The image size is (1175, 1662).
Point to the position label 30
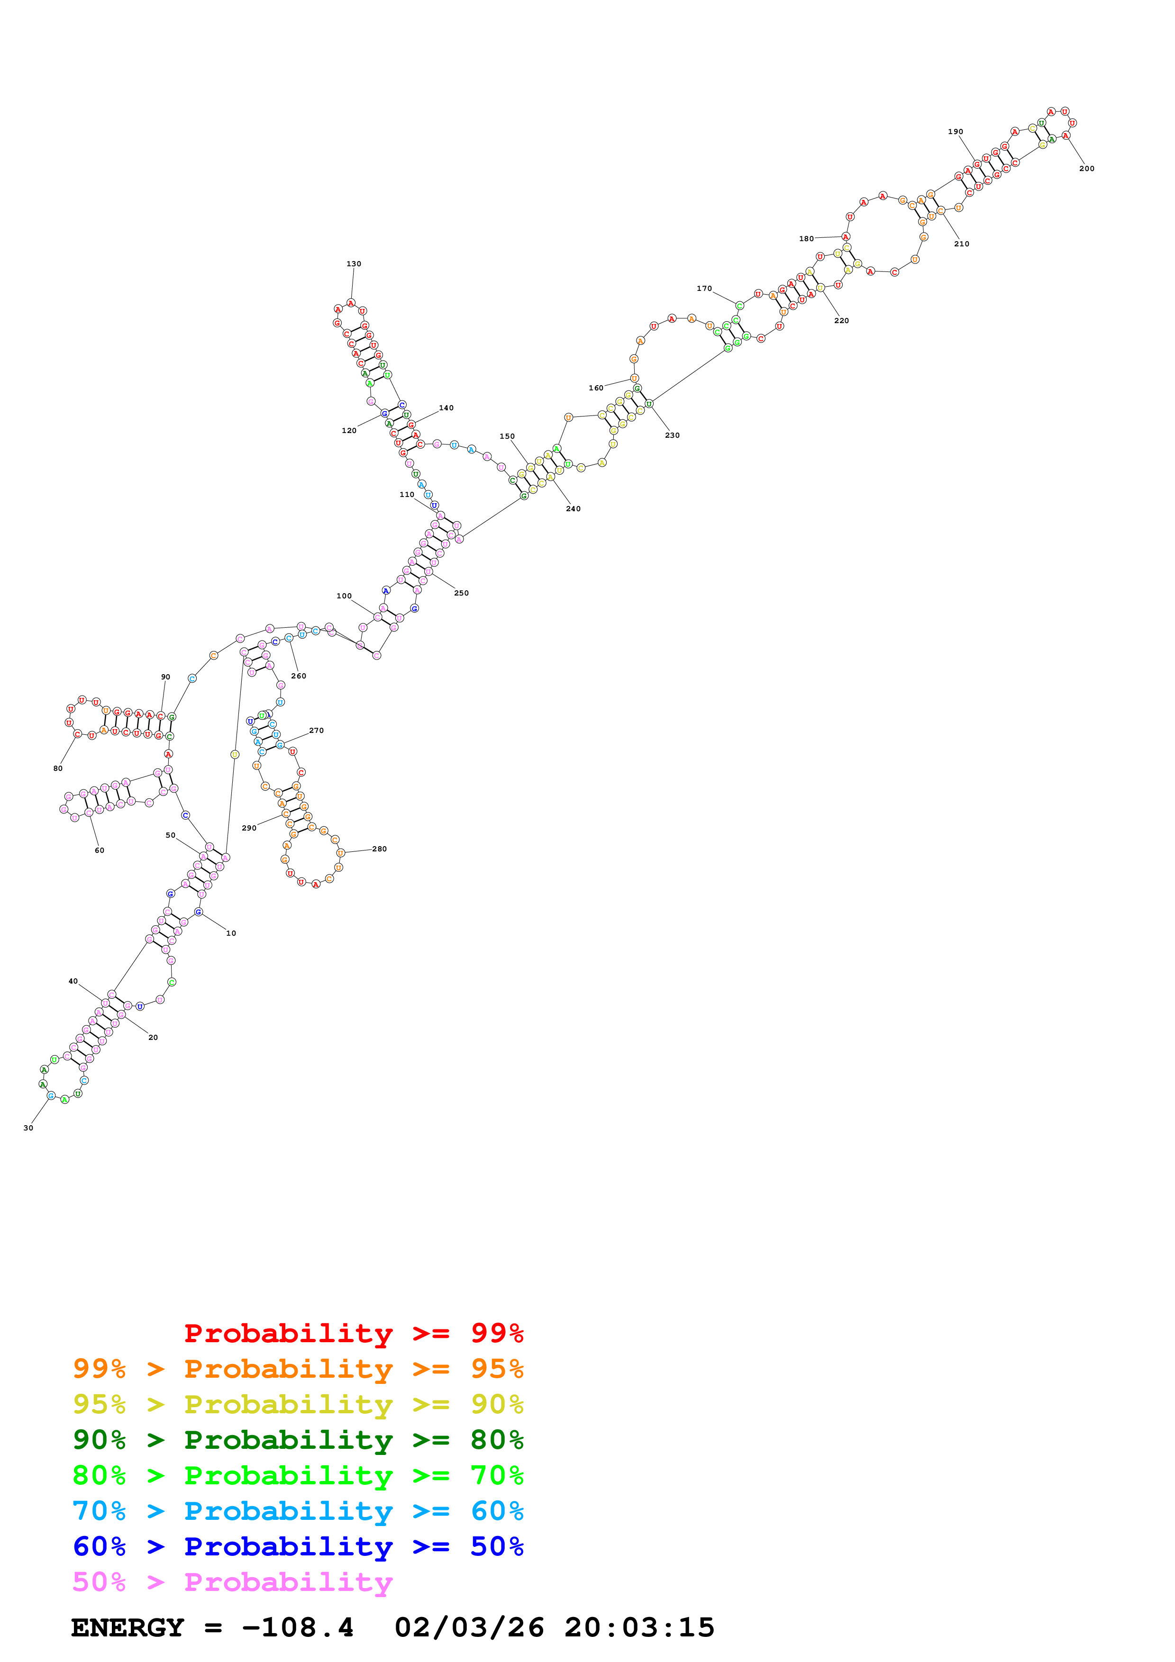[28, 1128]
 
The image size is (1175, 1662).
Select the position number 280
[379, 849]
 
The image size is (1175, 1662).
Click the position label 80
[58, 769]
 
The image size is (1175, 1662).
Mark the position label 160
[596, 388]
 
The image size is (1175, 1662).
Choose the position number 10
[231, 933]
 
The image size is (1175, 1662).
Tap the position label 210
[961, 244]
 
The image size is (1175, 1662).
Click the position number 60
[99, 850]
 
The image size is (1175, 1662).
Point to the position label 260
[298, 676]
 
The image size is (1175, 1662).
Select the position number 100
[344, 596]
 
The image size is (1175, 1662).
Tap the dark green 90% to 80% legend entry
[298, 1440]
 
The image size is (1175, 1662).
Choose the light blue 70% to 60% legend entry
[298, 1511]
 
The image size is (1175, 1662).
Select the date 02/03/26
[469, 1627]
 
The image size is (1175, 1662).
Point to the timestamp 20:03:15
[639, 1627]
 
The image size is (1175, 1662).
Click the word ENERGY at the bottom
[128, 1627]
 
